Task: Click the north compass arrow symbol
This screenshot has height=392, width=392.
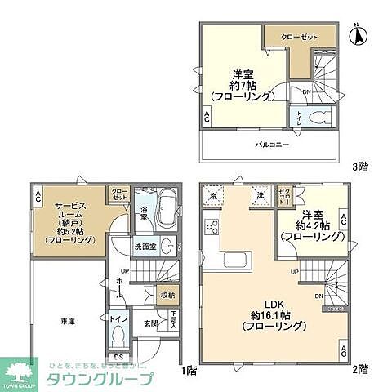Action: point(357,35)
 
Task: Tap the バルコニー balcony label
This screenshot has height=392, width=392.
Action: point(270,145)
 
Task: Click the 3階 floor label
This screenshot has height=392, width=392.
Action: point(359,167)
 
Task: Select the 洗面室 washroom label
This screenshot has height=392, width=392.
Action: point(145,246)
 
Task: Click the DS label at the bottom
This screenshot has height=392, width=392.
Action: point(118,357)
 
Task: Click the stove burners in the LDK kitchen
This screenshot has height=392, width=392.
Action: point(214,226)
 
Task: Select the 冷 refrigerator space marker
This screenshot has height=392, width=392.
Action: point(214,197)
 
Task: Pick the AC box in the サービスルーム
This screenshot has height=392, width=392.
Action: point(38,195)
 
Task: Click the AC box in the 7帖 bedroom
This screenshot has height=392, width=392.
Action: point(207,118)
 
